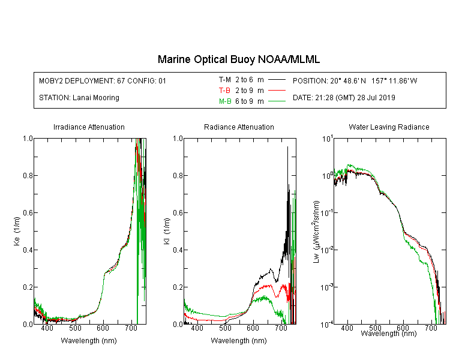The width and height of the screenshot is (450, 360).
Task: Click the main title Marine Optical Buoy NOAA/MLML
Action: click(x=238, y=59)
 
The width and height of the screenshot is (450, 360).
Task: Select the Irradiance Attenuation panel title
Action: click(x=89, y=127)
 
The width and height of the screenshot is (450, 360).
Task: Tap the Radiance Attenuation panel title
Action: click(x=239, y=127)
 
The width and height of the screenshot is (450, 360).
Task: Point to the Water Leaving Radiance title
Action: click(x=389, y=127)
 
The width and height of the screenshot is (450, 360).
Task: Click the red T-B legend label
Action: click(x=224, y=91)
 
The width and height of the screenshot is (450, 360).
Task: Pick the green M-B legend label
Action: click(x=225, y=101)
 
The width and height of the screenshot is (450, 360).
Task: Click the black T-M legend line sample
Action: click(x=277, y=80)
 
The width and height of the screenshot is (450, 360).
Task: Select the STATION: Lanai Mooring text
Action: click(x=79, y=98)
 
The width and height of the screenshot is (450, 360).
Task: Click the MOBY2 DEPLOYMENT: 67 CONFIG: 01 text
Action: click(x=103, y=80)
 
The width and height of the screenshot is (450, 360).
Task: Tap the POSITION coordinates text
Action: click(x=355, y=80)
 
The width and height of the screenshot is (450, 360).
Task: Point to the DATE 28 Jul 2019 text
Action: click(x=344, y=98)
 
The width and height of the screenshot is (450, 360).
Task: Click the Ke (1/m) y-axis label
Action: click(x=17, y=231)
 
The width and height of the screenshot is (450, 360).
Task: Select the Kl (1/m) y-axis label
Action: click(x=167, y=231)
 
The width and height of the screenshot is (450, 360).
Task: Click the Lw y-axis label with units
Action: click(x=316, y=232)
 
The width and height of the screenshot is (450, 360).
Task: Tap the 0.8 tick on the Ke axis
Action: click(x=28, y=175)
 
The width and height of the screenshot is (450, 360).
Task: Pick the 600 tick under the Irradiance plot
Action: click(x=103, y=328)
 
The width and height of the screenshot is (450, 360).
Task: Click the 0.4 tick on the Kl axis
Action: click(x=178, y=250)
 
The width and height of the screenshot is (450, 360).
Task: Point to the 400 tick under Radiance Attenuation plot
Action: click(x=197, y=328)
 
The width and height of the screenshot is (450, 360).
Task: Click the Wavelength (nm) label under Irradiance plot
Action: click(x=89, y=341)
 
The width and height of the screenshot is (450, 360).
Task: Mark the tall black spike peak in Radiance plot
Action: click(x=287, y=147)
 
